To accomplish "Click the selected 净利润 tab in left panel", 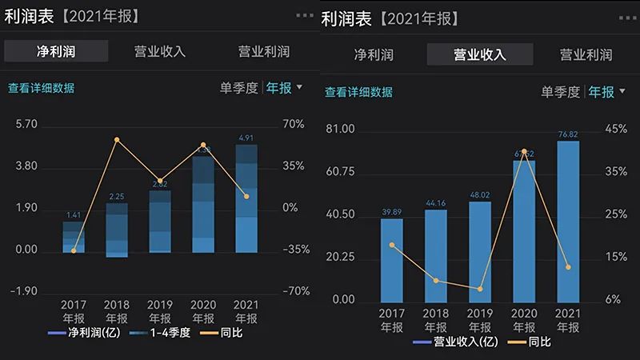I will click(56, 52).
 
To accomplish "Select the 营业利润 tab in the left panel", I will click(264, 52).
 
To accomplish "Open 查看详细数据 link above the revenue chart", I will click(358, 92).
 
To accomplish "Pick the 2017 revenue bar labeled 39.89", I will click(392, 260).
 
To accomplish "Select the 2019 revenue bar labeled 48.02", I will click(480, 252).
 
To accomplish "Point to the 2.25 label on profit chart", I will click(117, 197).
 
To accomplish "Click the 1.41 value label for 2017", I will click(74, 214).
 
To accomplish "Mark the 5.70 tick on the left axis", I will click(26, 125).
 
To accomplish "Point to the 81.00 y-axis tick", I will click(342, 129).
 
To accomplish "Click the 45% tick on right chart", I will click(616, 129).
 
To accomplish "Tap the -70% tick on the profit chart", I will click(297, 291).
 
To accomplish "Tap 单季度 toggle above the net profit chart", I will click(239, 87).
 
